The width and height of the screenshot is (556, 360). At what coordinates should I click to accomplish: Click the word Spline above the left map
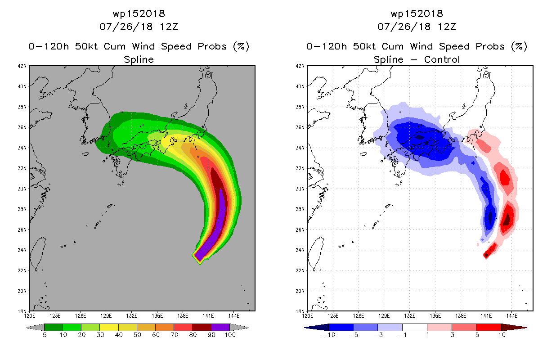(139, 60)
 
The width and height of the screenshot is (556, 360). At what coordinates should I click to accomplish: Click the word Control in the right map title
(442, 59)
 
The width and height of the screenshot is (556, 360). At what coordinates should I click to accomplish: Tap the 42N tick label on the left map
(22, 66)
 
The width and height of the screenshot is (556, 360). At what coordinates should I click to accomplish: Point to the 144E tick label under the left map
(234, 316)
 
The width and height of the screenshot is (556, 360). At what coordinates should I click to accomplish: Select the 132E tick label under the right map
(409, 316)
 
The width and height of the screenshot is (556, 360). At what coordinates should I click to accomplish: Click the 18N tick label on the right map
(300, 311)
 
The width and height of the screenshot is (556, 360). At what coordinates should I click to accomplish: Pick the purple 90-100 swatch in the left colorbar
(220, 327)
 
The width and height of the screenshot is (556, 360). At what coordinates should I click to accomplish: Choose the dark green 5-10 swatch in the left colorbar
(54, 327)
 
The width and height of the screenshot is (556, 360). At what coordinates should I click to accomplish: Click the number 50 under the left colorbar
(137, 335)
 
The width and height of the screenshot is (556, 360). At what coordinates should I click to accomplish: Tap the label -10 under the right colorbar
(329, 335)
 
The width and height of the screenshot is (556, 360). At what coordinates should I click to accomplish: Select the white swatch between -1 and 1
(414, 327)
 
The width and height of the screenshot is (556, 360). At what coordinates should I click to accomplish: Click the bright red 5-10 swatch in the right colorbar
(489, 327)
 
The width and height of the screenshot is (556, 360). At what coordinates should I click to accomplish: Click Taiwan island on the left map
(37, 253)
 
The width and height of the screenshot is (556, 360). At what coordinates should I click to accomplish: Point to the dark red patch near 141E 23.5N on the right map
(486, 255)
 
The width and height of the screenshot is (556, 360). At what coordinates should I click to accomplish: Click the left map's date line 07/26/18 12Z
(139, 27)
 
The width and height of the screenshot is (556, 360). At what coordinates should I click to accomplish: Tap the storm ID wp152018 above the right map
(417, 14)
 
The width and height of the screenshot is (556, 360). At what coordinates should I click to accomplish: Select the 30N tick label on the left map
(22, 189)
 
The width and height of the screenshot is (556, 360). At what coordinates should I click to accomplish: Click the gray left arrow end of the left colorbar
(35, 328)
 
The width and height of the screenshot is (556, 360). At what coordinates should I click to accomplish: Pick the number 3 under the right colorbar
(452, 335)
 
